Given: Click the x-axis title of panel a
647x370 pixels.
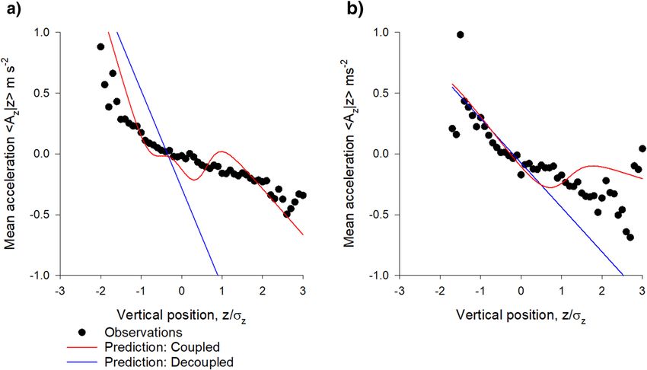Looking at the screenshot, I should tap(181, 314).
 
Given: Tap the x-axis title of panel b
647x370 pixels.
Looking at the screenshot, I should tap(521, 314).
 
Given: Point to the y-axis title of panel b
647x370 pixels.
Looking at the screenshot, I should tap(354, 154).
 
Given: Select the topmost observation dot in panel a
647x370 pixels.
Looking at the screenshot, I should tap(100, 46).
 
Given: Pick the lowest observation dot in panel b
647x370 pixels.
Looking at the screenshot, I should tap(630, 238).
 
